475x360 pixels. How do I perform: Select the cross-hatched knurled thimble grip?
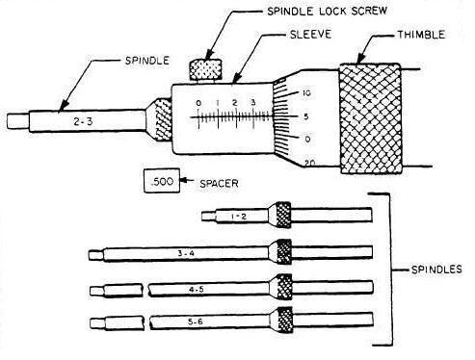click(369, 119)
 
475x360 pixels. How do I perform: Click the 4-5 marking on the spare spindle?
click(196, 289)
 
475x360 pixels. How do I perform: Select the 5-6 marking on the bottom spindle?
click(196, 320)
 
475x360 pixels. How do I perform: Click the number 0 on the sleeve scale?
click(198, 101)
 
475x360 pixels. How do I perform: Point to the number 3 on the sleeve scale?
click(252, 101)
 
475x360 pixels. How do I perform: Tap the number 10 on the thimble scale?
click(304, 93)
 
